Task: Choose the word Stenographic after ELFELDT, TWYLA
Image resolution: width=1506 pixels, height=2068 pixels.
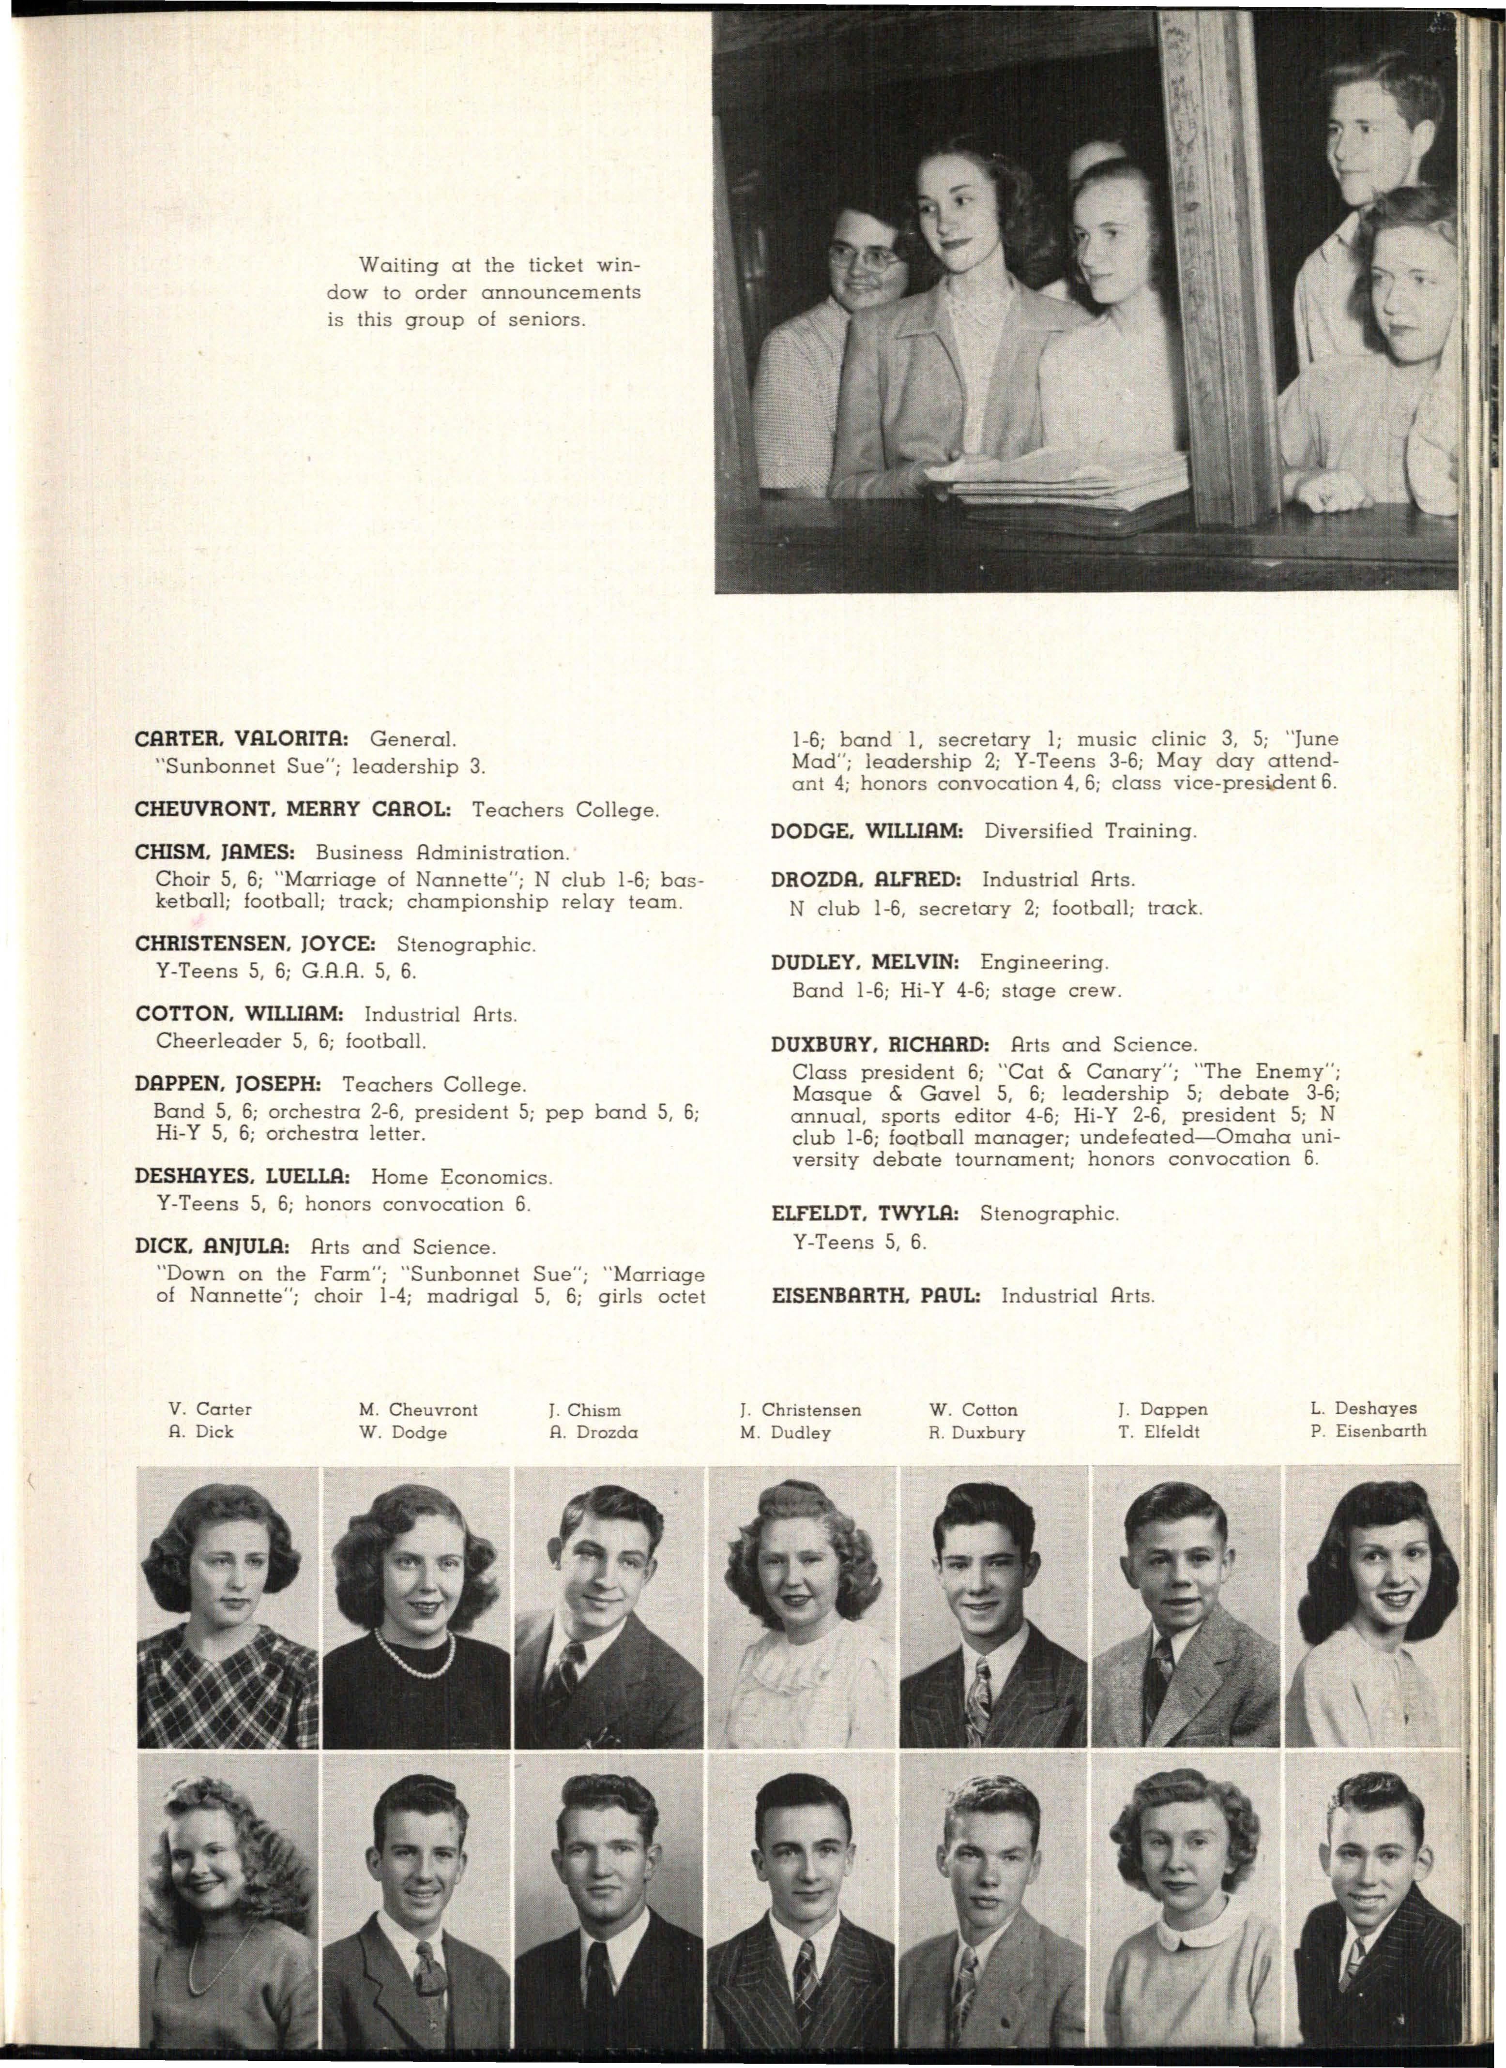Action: [1048, 1214]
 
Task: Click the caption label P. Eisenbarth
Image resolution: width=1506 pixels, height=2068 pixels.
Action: [1368, 1431]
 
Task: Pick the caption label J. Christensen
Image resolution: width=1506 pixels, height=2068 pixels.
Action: [800, 1409]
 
